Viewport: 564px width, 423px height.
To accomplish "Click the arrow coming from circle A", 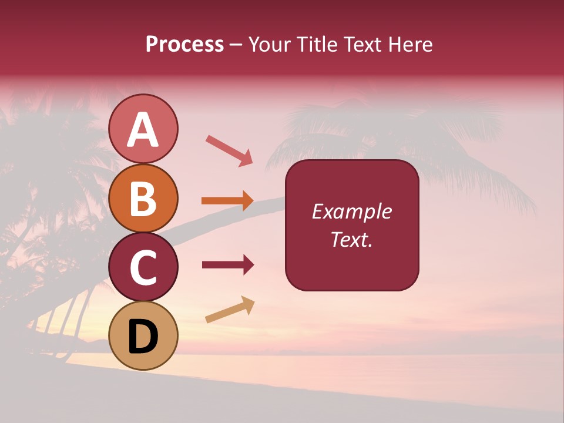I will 229,150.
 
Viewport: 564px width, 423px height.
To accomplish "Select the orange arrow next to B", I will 227,201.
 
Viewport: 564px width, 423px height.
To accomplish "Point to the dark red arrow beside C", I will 228,265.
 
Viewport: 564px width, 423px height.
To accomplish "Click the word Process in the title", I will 184,45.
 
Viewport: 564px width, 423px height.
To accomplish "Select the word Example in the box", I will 352,211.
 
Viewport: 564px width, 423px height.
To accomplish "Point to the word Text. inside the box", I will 352,239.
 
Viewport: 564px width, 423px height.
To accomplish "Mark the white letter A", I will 143,130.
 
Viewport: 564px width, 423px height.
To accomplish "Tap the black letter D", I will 143,337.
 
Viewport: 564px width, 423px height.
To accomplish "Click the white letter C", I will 143,268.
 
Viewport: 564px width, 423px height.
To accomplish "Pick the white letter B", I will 143,199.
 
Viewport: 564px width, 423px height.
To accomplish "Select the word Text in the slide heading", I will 359,45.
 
